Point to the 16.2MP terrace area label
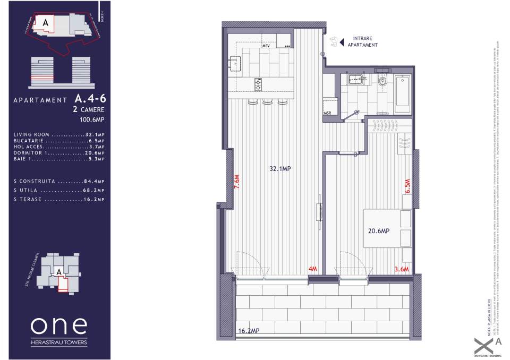(x=249, y=330)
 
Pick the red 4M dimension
(x=312, y=269)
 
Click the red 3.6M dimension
(x=402, y=269)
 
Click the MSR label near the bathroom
(x=327, y=113)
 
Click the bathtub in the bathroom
(x=402, y=93)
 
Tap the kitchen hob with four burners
(x=259, y=84)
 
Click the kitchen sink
(x=233, y=63)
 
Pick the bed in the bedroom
(x=387, y=228)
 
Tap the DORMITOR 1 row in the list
(x=59, y=152)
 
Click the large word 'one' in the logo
(x=58, y=325)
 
